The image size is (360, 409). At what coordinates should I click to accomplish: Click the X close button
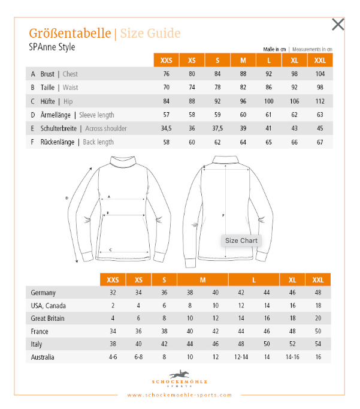[x=338, y=25]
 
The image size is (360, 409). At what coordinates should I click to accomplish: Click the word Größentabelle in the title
[x=69, y=33]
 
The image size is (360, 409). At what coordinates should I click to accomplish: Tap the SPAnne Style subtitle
[x=52, y=47]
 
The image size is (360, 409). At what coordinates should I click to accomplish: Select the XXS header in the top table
[x=167, y=61]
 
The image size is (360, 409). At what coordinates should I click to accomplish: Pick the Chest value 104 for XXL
[x=320, y=74]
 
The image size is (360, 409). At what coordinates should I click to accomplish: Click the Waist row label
[x=59, y=88]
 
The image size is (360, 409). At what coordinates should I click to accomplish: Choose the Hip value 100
[x=269, y=101]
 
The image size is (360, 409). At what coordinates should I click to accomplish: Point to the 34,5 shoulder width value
[x=167, y=128]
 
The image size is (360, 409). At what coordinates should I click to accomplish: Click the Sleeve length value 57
[x=167, y=115]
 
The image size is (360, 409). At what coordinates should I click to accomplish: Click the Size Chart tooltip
[x=241, y=240]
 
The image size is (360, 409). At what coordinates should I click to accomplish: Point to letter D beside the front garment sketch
[x=66, y=197]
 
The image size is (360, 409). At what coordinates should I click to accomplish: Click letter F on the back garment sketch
[x=223, y=215]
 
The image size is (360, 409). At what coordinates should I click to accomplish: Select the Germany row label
[x=44, y=293]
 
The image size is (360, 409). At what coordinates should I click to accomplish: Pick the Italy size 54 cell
[x=318, y=344]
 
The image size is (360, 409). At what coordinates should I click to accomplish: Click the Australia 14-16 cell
[x=292, y=357]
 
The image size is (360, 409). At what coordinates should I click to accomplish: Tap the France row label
[x=40, y=331]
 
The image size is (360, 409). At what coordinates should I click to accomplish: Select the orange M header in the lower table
[x=202, y=280]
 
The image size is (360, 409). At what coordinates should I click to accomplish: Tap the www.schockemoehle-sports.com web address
[x=180, y=395]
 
